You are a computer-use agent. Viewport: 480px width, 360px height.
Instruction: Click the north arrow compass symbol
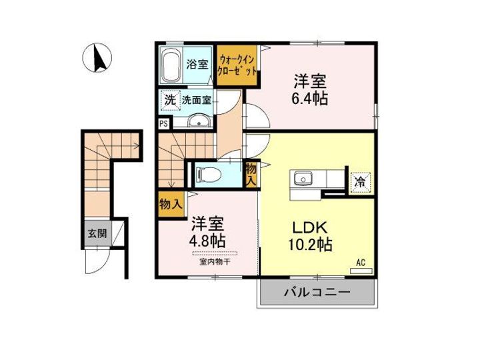pyautogui.click(x=97, y=57)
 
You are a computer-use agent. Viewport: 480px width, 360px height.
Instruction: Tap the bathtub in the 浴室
pyautogui.click(x=170, y=65)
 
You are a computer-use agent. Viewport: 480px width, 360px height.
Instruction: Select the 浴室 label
pyautogui.click(x=197, y=64)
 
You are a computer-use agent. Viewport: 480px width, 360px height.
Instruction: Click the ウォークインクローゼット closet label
pyautogui.click(x=236, y=65)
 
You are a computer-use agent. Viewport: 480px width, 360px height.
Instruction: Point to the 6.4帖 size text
pyautogui.click(x=309, y=99)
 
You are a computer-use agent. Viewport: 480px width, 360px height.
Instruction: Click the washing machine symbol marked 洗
pyautogui.click(x=170, y=100)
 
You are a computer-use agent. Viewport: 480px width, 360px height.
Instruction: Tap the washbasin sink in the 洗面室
pyautogui.click(x=199, y=121)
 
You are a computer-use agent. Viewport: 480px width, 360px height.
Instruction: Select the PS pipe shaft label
pyautogui.click(x=164, y=124)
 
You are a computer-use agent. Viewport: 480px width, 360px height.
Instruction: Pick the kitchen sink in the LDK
pyautogui.click(x=303, y=178)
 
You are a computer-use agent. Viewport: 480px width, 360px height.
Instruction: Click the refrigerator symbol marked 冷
pyautogui.click(x=360, y=183)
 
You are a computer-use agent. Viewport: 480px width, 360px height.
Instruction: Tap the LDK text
pyautogui.click(x=310, y=227)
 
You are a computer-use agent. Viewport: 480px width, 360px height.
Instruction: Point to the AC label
pyautogui.click(x=361, y=263)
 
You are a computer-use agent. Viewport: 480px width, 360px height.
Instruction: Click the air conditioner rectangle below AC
pyautogui.click(x=361, y=271)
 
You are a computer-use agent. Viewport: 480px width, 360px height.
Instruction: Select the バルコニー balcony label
pyautogui.click(x=317, y=292)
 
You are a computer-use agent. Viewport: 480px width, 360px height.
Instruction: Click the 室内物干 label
pyautogui.click(x=215, y=262)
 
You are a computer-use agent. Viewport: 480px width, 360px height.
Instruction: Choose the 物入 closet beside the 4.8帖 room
pyautogui.click(x=171, y=203)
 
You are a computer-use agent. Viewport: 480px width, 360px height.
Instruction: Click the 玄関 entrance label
pyautogui.click(x=97, y=233)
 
